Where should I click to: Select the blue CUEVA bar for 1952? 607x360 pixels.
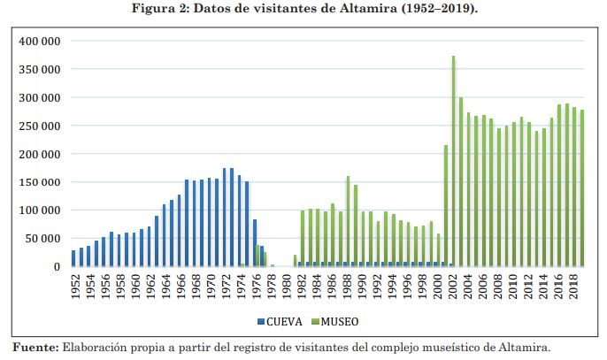pyautogui.click(x=74, y=258)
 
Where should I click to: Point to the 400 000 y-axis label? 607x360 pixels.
pyautogui.click(x=38, y=41)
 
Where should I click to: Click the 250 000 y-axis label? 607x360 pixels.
pyautogui.click(x=38, y=126)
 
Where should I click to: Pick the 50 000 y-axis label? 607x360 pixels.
pyautogui.click(x=42, y=238)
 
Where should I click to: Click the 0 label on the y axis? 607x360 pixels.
pyautogui.click(x=56, y=266)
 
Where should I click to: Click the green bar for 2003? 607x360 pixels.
pyautogui.click(x=461, y=181)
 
